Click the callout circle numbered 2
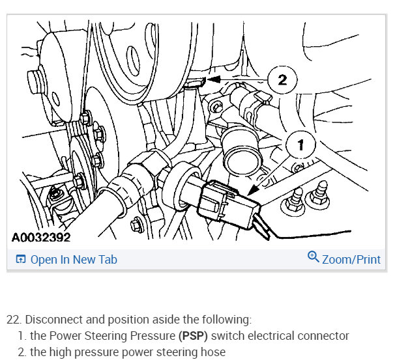[282, 79]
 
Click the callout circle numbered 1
[300, 145]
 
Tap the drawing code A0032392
[41, 238]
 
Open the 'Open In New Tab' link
[74, 259]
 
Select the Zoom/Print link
[351, 259]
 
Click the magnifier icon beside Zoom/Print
[313, 256]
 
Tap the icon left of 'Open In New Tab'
[21, 259]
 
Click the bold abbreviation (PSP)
[193, 335]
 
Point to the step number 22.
[14, 320]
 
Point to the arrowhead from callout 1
[253, 189]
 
